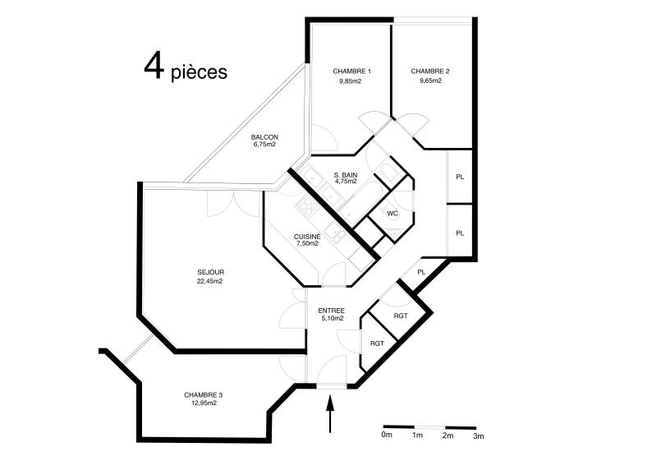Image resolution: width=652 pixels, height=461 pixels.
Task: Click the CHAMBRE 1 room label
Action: point(351,71)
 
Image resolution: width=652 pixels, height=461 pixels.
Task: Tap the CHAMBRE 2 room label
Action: point(429,71)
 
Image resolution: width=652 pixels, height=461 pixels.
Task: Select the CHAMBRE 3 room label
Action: point(203,394)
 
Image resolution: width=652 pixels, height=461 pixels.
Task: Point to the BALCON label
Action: point(264,136)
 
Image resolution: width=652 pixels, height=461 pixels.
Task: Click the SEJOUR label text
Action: point(210,272)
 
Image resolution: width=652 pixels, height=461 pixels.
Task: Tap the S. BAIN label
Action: point(346,176)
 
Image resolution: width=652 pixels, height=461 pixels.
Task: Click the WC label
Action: point(393,214)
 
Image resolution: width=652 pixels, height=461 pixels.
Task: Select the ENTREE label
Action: point(331,311)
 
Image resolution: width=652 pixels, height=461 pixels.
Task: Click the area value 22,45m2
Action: point(210,281)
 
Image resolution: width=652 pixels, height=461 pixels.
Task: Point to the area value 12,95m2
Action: point(203,403)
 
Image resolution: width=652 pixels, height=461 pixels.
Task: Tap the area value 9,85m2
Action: point(351,81)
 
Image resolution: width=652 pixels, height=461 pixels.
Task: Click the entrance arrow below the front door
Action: point(331,414)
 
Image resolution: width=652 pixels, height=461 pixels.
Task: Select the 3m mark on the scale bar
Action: point(479,436)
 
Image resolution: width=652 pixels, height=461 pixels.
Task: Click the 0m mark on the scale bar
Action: point(388,436)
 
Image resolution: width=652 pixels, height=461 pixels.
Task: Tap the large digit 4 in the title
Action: point(154,66)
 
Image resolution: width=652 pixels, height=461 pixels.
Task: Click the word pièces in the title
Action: point(199,72)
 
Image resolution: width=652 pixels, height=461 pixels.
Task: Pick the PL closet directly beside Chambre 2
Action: point(460,177)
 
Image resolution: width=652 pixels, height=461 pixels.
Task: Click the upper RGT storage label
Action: point(400,316)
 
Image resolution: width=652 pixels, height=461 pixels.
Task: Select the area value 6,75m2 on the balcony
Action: point(264,145)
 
